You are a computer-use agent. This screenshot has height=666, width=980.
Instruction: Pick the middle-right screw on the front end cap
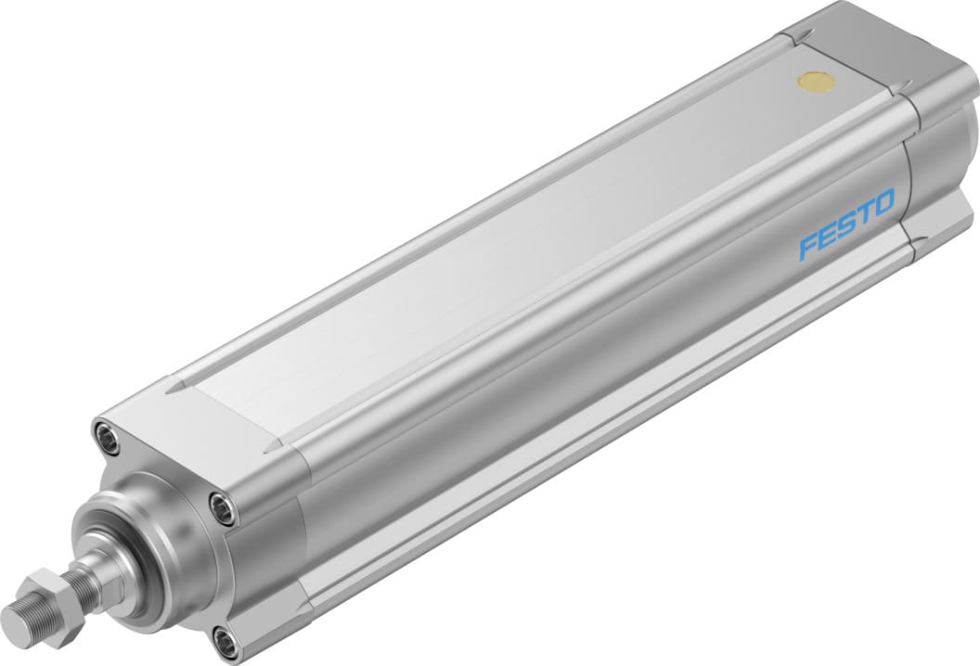(223, 506)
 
